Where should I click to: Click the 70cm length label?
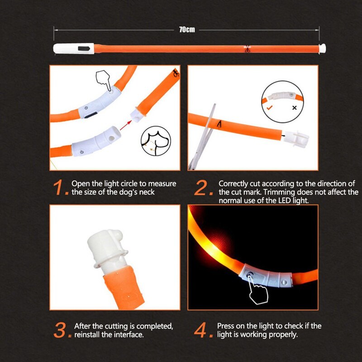coord(187,29)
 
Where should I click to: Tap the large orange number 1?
coord(61,188)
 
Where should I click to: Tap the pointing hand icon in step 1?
coord(105,82)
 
